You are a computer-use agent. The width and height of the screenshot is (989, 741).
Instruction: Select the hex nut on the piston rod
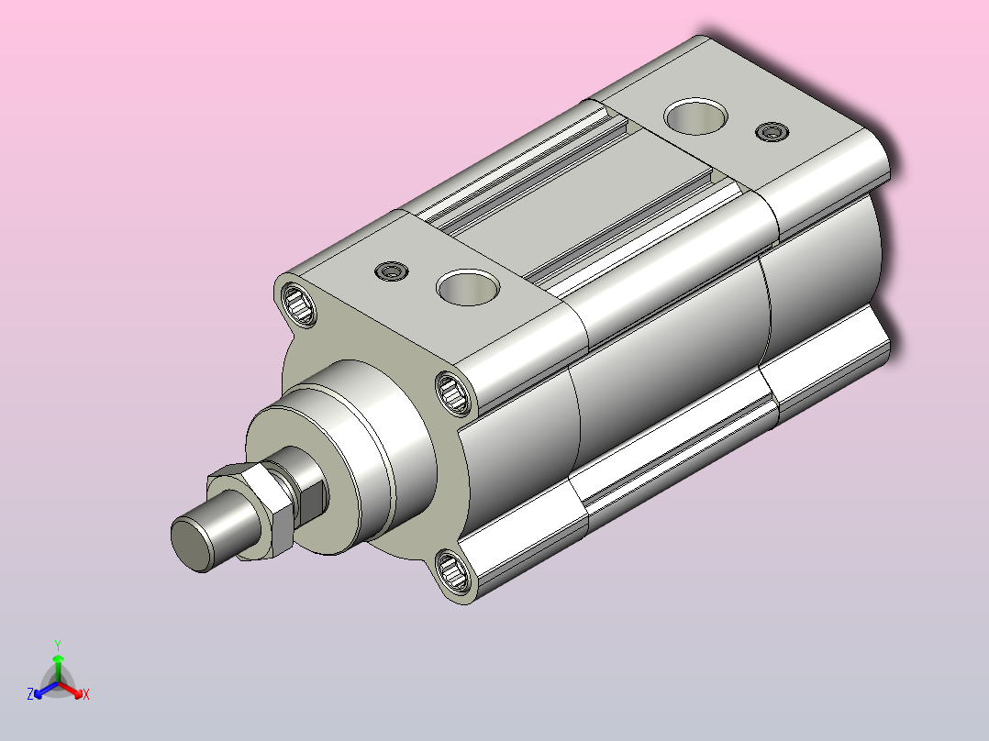pyautogui.click(x=251, y=511)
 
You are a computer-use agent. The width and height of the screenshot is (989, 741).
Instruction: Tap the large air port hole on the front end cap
pyautogui.click(x=468, y=288)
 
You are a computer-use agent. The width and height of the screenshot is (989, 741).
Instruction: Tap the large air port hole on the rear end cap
pyautogui.click(x=695, y=116)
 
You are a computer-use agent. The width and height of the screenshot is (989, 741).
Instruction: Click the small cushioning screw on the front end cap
pyautogui.click(x=392, y=271)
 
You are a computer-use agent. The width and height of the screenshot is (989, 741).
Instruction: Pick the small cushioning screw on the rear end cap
pyautogui.click(x=772, y=132)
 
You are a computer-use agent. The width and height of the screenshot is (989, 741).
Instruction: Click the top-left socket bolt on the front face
pyautogui.click(x=298, y=304)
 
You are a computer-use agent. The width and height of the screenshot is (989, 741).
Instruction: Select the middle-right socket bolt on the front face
pyautogui.click(x=452, y=393)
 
